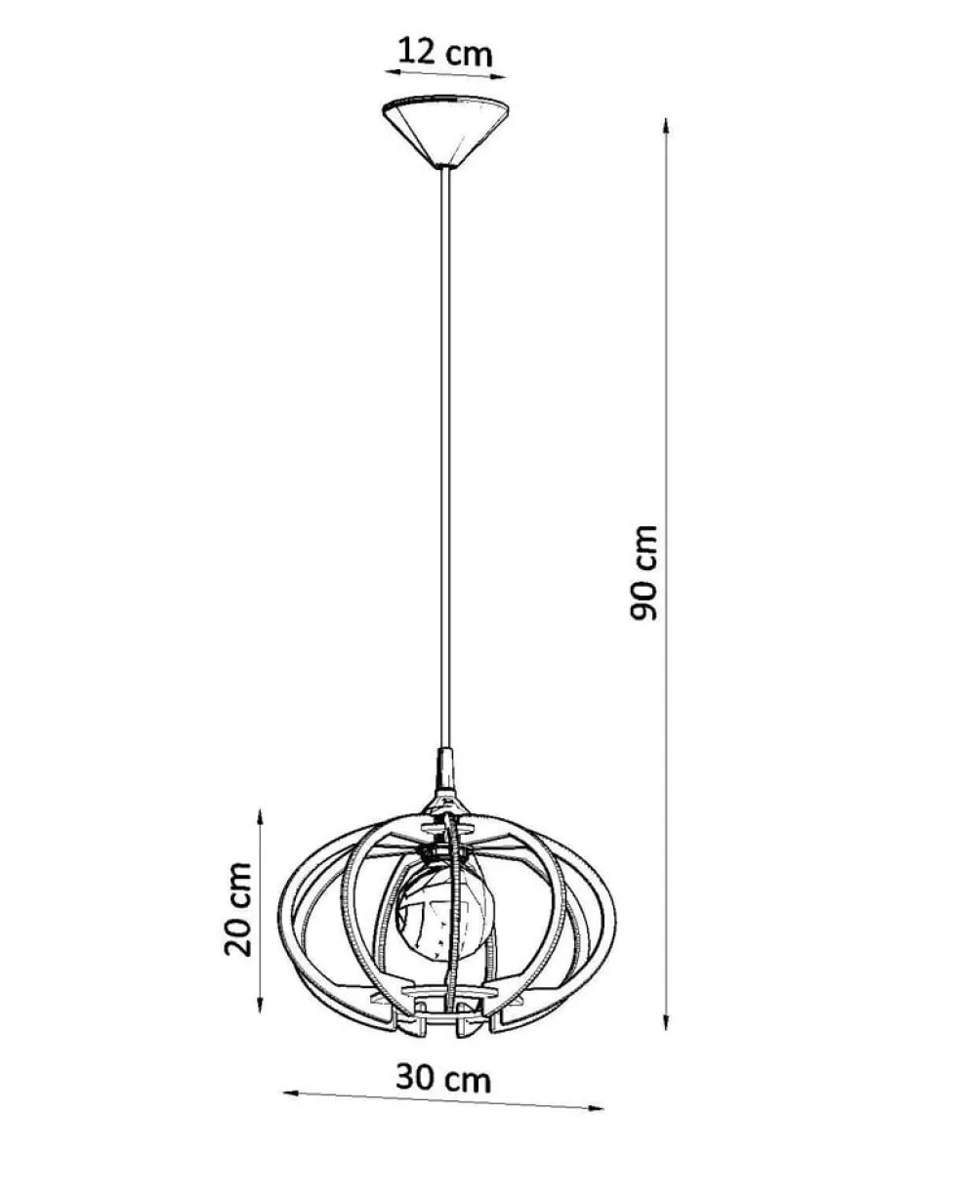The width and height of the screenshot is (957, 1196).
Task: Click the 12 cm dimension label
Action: click(445, 53)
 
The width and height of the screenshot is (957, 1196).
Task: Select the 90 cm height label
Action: click(644, 572)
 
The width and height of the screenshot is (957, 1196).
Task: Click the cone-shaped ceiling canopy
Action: click(445, 132)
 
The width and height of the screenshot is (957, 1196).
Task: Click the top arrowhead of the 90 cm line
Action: click(666, 126)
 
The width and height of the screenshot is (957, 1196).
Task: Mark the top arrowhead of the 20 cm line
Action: click(260, 817)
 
